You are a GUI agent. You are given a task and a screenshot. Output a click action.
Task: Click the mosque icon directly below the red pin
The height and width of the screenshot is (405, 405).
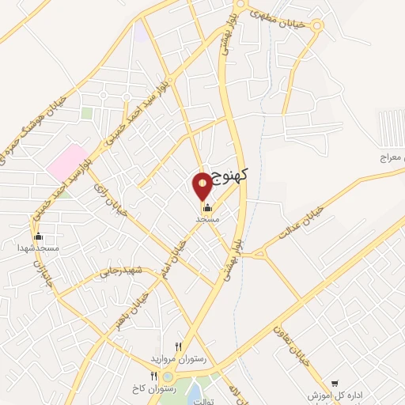pyautogui.click(x=208, y=206)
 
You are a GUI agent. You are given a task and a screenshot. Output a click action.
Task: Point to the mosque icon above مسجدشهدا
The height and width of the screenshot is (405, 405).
pyautogui.click(x=38, y=237)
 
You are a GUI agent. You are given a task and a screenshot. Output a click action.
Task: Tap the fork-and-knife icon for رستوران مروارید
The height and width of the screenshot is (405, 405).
pyautogui.click(x=178, y=346)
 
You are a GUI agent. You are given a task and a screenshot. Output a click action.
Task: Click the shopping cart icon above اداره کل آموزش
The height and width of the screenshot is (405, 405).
pyautogui.click(x=335, y=383)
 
